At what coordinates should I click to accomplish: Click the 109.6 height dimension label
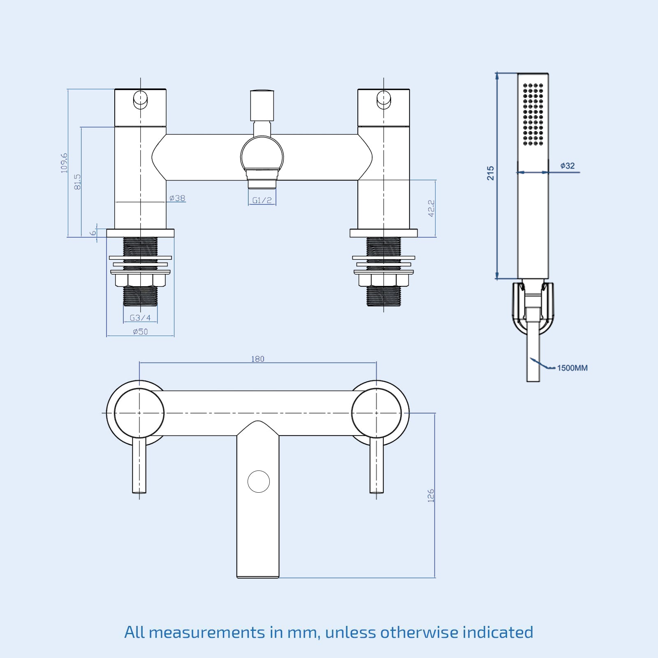coord(64,163)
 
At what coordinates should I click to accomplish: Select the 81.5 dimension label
coord(77,182)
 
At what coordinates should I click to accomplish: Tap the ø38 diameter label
coord(177,198)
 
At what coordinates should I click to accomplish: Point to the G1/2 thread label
coord(262,200)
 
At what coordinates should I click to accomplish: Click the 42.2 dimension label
coord(431,208)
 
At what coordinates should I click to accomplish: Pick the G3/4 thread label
coord(140,318)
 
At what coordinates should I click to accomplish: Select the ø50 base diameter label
coord(140,331)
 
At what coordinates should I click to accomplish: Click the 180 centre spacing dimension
coord(258,359)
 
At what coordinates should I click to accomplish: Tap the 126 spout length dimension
coord(431,496)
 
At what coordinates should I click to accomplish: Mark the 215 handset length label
coord(490,173)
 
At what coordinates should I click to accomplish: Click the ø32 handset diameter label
coord(568,166)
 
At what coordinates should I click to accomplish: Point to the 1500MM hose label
coord(572,368)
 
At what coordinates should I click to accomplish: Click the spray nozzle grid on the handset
coord(533,114)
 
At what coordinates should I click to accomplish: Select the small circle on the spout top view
coord(259,482)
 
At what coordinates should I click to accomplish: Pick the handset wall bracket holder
coord(533,306)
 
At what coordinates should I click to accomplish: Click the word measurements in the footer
coord(207,632)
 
